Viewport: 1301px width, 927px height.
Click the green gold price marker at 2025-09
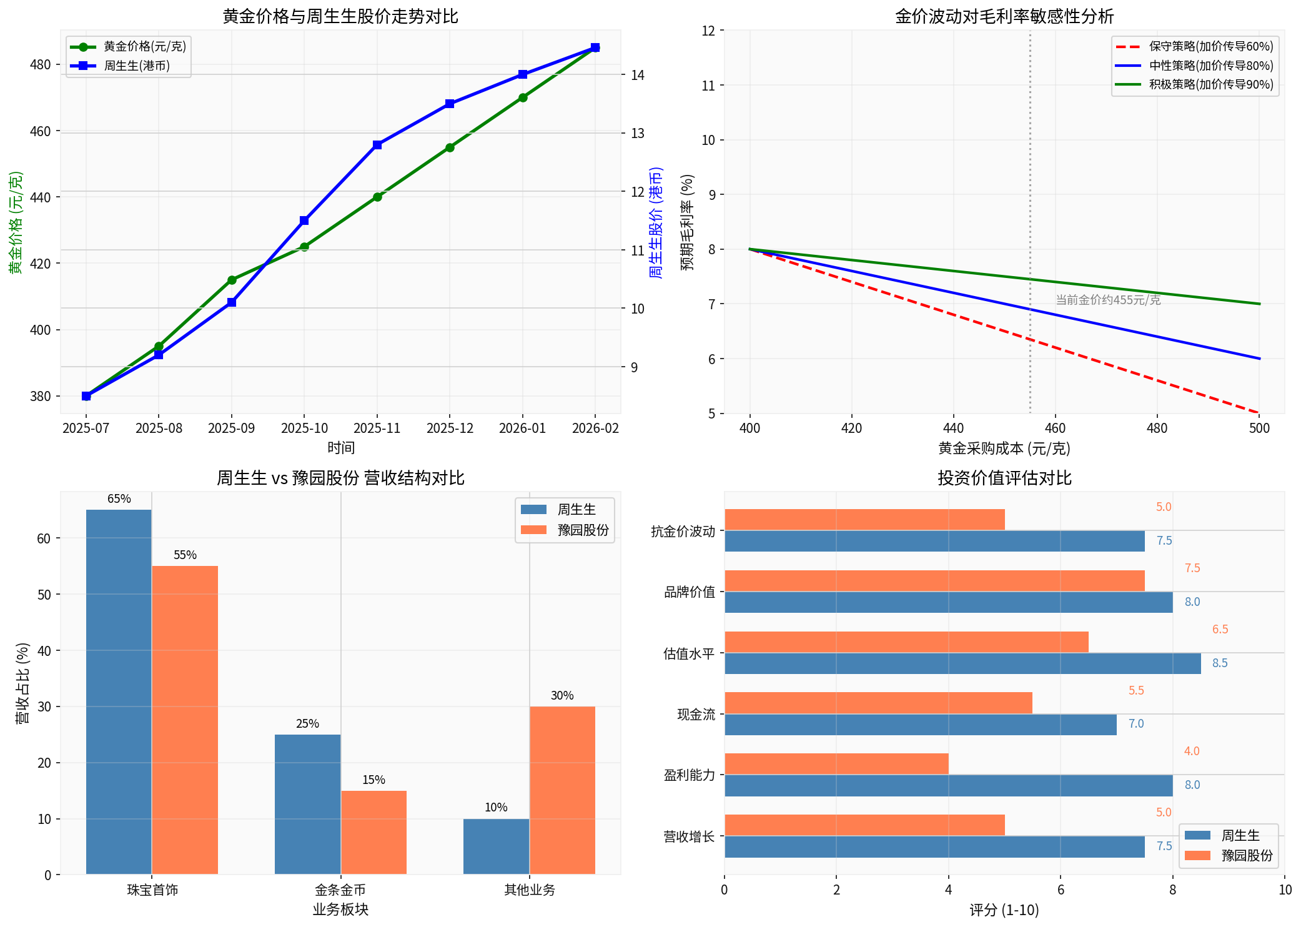point(232,280)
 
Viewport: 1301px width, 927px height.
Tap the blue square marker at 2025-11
point(377,145)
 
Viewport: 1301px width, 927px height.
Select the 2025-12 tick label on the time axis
point(450,429)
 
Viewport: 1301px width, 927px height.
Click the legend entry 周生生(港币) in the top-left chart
point(136,66)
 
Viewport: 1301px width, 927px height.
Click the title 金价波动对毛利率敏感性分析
point(1004,16)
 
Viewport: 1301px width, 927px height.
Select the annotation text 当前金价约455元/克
point(1107,300)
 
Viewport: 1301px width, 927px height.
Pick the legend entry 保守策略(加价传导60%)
point(1210,47)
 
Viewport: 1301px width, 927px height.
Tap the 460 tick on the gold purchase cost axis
point(1055,429)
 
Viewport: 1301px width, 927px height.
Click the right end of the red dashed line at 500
point(1258,412)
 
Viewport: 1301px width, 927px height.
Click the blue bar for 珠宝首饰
point(119,692)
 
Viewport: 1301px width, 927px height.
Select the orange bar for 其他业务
point(562,790)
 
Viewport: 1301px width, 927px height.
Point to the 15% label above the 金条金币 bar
point(373,780)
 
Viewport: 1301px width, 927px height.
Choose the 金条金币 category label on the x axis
point(340,890)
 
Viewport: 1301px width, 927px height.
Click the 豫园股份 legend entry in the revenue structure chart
point(582,530)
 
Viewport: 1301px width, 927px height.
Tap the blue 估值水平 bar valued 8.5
point(962,663)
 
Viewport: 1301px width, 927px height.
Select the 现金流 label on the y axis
point(696,715)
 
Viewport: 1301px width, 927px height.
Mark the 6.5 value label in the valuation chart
point(1220,629)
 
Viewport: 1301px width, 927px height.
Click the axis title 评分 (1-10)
point(1004,910)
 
